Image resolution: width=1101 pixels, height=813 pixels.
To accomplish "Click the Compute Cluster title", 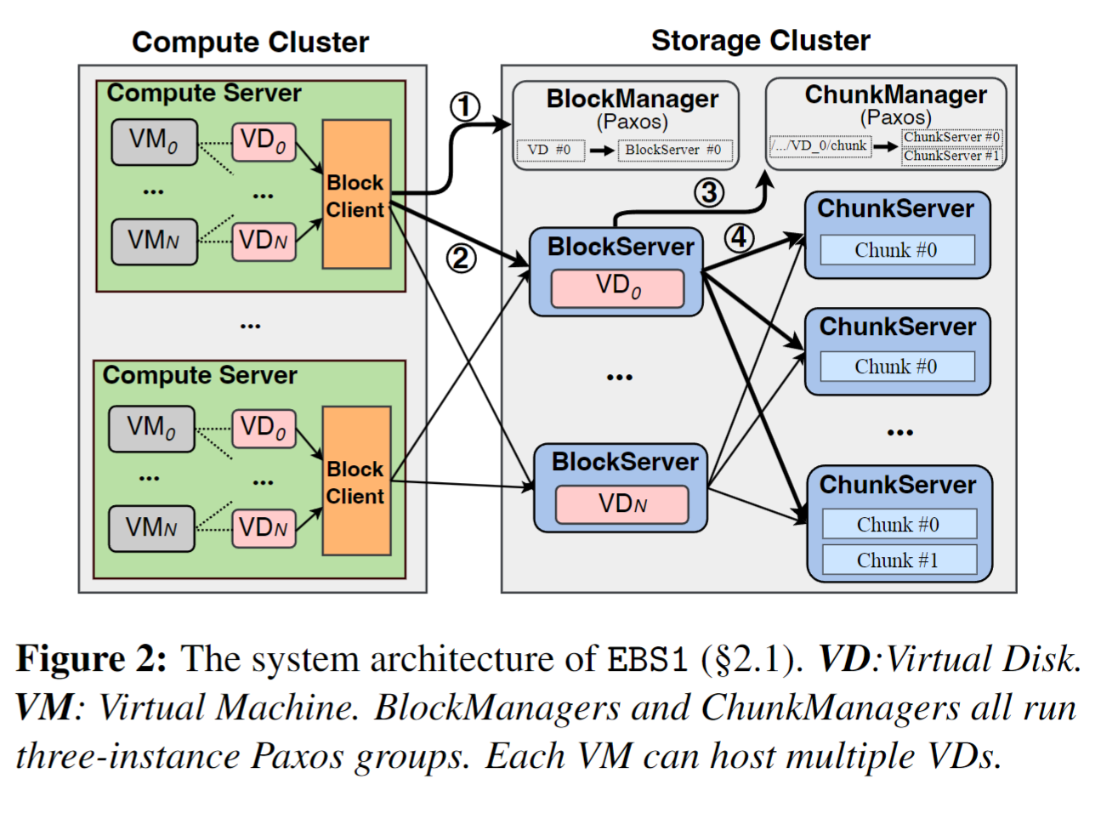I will click(x=250, y=42).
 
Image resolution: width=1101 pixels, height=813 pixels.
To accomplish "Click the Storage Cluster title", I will click(x=760, y=40).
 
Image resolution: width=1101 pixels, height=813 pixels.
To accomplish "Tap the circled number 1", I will click(x=464, y=107).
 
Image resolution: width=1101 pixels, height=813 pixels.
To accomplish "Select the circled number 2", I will click(x=461, y=258).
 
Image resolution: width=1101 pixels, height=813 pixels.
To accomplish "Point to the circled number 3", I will click(x=708, y=192).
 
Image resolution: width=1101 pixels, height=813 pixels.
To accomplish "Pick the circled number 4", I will click(x=739, y=237).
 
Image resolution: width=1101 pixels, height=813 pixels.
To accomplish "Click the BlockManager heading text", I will click(x=632, y=99).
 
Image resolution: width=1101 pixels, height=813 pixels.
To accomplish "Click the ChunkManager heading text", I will click(x=895, y=94).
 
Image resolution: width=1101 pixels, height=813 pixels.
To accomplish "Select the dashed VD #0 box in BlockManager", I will click(x=548, y=150).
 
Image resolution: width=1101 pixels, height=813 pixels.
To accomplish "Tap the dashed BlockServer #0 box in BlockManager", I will click(x=673, y=150).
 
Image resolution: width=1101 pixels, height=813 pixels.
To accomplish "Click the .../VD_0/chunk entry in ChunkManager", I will click(x=820, y=145).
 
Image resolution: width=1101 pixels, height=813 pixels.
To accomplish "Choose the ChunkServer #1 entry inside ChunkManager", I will click(x=951, y=156).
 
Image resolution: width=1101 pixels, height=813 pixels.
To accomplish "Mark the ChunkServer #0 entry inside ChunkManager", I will click(x=951, y=137).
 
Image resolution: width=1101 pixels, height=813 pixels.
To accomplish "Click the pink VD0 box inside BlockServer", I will click(x=618, y=287).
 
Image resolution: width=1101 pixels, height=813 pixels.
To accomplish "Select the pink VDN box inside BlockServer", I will click(x=622, y=503).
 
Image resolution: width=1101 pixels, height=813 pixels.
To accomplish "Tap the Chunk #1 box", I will click(x=898, y=560).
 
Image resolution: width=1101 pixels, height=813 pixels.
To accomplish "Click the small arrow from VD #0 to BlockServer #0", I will click(x=602, y=151).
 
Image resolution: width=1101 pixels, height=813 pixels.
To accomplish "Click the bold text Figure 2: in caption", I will click(x=92, y=659).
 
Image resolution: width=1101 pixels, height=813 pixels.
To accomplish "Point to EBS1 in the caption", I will click(x=647, y=660).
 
